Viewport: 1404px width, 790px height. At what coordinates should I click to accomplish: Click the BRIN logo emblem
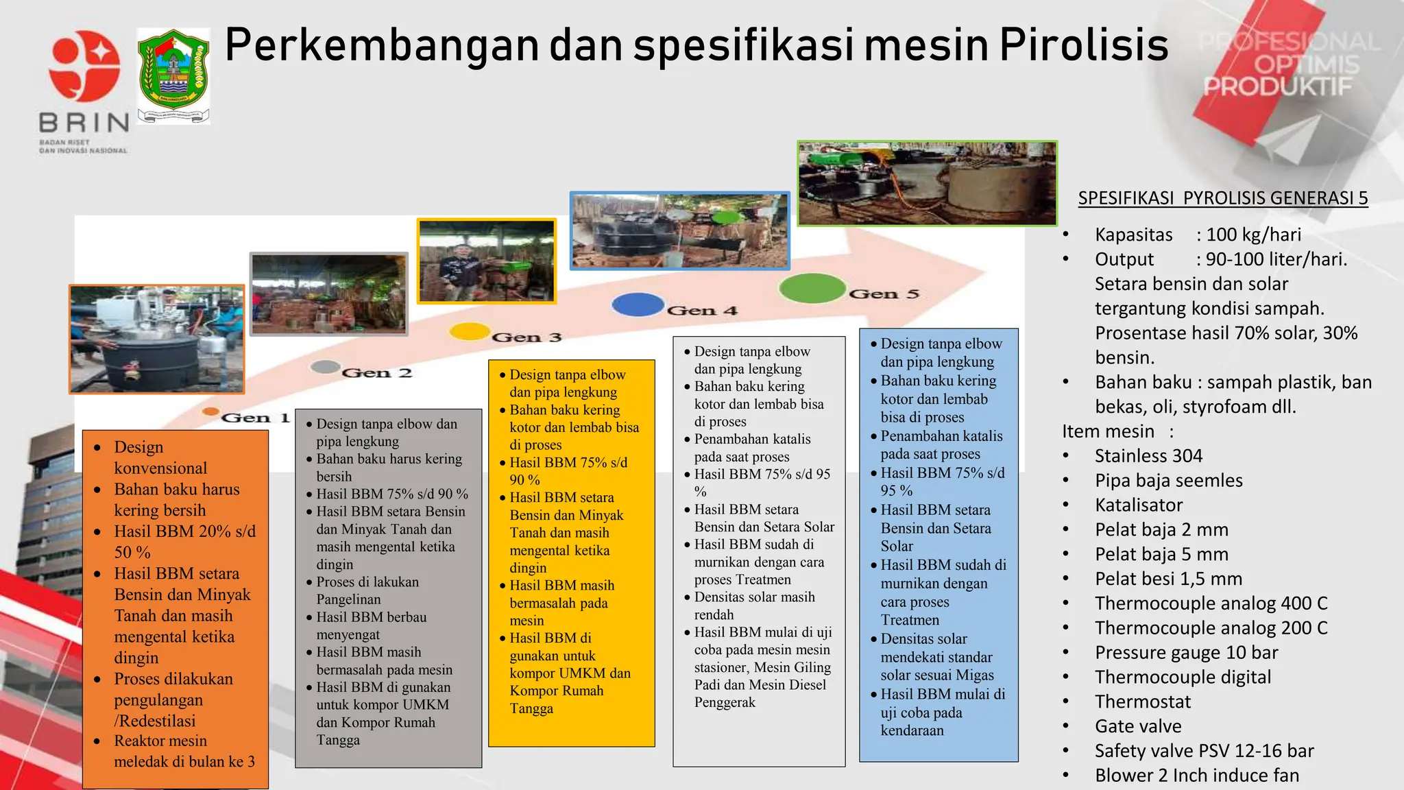(84, 67)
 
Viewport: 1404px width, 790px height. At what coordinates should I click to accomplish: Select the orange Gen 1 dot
(210, 412)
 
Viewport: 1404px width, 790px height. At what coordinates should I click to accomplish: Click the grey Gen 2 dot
(326, 367)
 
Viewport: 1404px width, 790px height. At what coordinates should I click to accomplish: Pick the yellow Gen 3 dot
(469, 331)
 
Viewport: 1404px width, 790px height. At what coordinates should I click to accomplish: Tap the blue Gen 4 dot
(638, 304)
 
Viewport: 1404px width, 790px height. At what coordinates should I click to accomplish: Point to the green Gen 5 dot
(812, 288)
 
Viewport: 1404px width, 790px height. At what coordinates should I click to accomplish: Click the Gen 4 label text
(702, 311)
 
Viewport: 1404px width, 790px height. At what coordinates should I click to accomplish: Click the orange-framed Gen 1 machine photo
(157, 339)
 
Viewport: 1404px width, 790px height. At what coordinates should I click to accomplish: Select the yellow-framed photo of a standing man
(487, 261)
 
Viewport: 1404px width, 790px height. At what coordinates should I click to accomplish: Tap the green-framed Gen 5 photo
(927, 184)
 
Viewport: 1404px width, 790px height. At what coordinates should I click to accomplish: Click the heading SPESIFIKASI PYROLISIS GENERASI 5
(1222, 198)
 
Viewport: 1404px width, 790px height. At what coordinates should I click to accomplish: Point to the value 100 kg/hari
(1253, 235)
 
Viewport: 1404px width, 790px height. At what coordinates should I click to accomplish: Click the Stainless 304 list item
(1148, 456)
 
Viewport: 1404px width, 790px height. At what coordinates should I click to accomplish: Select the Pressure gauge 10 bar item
(1186, 652)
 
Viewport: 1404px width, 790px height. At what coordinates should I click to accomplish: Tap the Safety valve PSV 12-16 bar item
(1204, 751)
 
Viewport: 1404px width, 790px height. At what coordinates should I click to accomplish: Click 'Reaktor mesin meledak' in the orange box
(184, 751)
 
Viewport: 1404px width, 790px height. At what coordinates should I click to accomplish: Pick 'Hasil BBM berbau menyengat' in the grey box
(371, 625)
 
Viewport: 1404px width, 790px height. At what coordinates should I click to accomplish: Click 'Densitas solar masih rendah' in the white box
(754, 606)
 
